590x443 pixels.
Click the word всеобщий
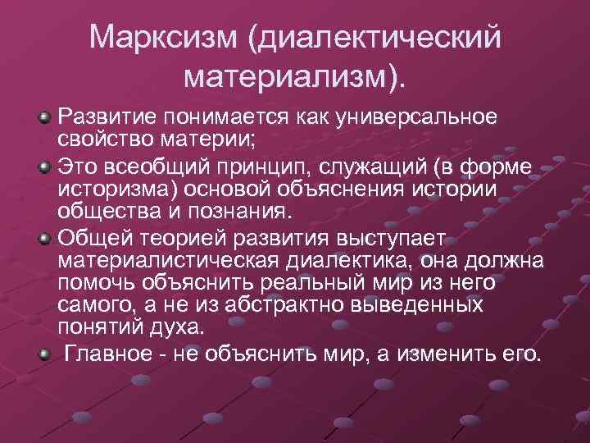pos(145,168)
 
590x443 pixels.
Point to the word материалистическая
pos(170,261)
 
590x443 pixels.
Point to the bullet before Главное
pos(46,354)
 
